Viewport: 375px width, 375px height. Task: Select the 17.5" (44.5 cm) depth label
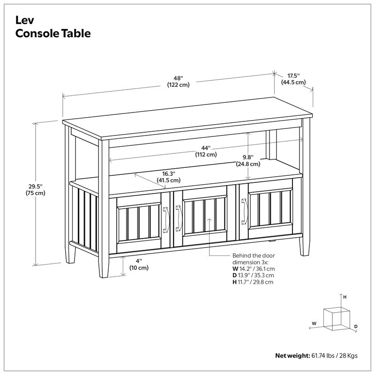[x=293, y=79]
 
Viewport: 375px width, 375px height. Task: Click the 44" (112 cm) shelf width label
[x=206, y=151]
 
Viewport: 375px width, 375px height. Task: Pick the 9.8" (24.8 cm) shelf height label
[x=248, y=161]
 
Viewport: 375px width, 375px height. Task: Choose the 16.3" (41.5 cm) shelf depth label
[x=169, y=177]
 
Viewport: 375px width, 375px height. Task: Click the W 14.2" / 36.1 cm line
[x=253, y=269]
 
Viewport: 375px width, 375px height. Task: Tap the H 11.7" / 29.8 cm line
[x=253, y=282]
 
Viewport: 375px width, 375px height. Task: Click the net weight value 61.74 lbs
[x=323, y=355]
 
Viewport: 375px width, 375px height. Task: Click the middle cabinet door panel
[x=204, y=217]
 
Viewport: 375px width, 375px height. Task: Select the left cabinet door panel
[x=139, y=224]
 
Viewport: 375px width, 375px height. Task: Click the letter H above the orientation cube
[x=345, y=297]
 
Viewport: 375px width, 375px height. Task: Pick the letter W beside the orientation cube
[x=314, y=323]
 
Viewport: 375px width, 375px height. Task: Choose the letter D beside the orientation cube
[x=356, y=326]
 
